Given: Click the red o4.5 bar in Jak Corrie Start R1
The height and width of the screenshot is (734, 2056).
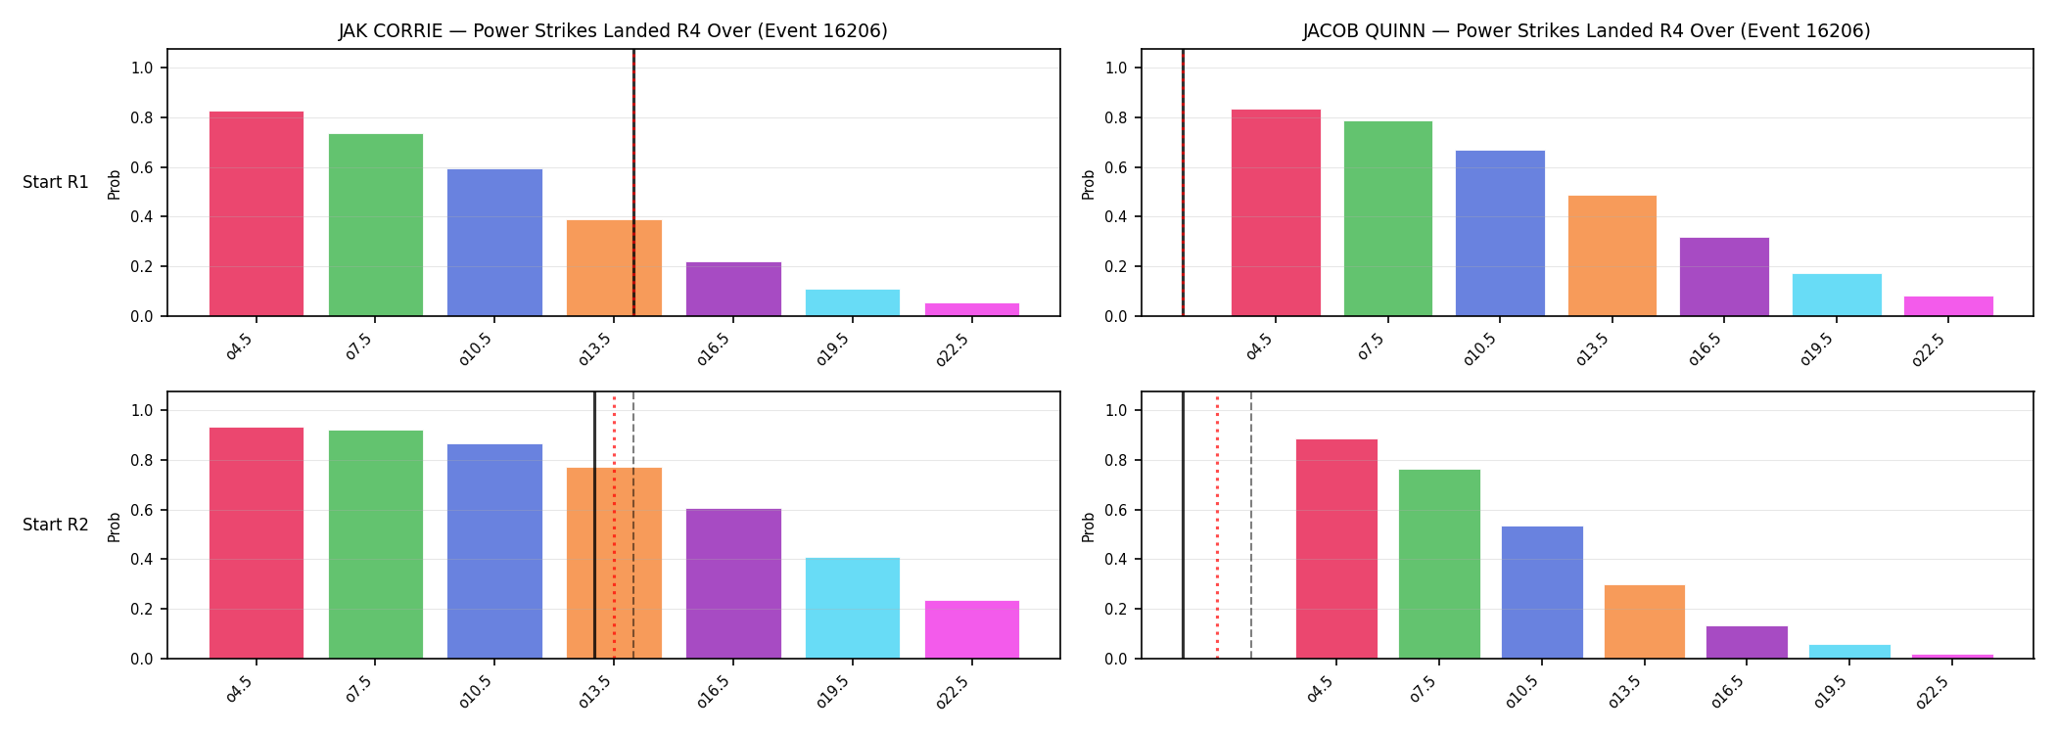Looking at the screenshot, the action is click(257, 213).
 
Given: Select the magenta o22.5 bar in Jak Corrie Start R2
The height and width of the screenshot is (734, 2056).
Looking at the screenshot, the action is click(972, 629).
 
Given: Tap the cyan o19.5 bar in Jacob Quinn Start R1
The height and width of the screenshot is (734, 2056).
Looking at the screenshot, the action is click(1837, 295).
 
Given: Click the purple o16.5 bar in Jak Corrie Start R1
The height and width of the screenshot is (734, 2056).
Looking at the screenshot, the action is click(733, 289).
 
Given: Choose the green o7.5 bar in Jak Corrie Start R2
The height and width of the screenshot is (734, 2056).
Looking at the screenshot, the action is click(376, 544).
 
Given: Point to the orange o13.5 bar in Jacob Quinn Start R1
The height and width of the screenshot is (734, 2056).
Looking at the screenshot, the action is click(1612, 255).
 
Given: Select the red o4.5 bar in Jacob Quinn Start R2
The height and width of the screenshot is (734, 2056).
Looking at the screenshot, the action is click(1336, 549).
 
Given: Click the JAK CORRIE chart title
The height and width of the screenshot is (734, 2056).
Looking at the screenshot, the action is click(613, 31).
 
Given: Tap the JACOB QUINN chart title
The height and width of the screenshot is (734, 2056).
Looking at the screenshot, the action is click(1586, 31).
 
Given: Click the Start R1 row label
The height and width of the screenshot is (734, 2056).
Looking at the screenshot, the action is click(56, 182).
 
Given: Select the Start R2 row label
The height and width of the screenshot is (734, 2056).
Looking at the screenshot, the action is click(56, 525).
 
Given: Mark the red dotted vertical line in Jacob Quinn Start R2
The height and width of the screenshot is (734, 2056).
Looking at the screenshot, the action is click(1217, 526).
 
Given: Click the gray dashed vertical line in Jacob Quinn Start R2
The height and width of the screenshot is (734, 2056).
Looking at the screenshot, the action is click(1251, 526).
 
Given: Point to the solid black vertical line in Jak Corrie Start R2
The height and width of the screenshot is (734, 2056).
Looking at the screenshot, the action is click(594, 526).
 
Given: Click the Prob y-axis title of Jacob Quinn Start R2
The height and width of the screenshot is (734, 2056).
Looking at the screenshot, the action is click(1089, 527).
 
